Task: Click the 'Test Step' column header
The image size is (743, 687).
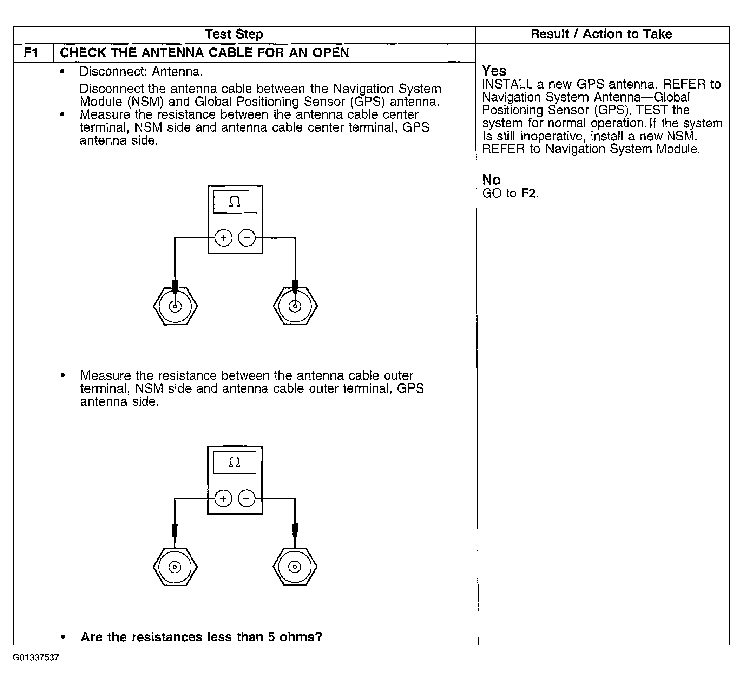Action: (x=234, y=34)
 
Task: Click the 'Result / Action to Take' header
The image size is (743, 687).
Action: (x=601, y=34)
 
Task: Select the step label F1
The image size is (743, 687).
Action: (x=31, y=53)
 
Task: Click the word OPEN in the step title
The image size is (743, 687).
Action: (x=330, y=53)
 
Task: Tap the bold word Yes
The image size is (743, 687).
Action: (x=494, y=71)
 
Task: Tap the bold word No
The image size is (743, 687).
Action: (x=491, y=180)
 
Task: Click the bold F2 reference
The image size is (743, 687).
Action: (x=529, y=193)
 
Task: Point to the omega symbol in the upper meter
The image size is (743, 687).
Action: (x=235, y=202)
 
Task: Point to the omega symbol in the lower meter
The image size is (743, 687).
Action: (x=235, y=462)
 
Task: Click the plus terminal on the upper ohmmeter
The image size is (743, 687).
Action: (x=223, y=238)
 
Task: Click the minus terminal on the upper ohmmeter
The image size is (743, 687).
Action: (x=247, y=238)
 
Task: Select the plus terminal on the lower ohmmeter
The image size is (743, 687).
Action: (x=223, y=498)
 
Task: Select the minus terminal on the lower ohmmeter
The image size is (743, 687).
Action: (x=246, y=498)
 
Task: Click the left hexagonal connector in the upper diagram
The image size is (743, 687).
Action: (x=175, y=306)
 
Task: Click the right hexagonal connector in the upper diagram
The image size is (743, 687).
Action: (x=295, y=306)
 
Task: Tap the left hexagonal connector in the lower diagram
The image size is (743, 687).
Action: (x=175, y=567)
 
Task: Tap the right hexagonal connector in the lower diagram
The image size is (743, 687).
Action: (x=295, y=567)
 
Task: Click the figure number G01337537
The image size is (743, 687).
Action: (x=36, y=657)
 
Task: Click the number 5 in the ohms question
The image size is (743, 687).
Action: (x=271, y=637)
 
